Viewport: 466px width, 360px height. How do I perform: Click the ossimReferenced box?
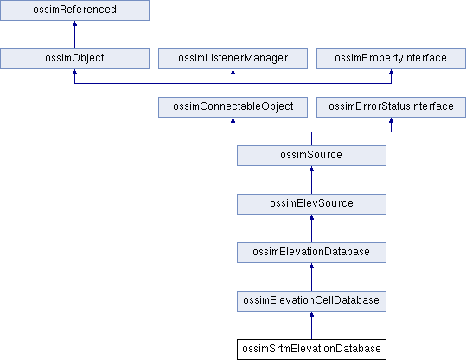(74, 10)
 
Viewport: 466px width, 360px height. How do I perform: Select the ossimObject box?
(74, 59)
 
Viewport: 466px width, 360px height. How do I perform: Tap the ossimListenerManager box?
(233, 59)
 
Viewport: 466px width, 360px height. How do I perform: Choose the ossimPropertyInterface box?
(391, 59)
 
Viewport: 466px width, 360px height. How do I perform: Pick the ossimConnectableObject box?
(233, 107)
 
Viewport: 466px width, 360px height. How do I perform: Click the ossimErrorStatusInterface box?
(391, 107)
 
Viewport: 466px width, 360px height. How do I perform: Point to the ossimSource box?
(311, 156)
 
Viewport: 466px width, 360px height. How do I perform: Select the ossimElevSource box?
(311, 204)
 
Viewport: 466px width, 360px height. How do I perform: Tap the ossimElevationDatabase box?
(311, 253)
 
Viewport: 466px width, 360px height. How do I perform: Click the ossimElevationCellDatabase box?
(311, 301)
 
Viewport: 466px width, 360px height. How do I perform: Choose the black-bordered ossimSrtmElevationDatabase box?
(311, 350)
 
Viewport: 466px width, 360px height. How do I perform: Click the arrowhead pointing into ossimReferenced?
(74, 23)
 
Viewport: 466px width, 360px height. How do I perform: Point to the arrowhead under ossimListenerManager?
(233, 72)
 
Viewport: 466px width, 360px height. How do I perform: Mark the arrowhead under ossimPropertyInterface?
(391, 72)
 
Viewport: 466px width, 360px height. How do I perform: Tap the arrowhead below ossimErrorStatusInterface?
(391, 120)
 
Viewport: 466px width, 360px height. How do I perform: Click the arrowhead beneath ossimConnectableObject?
(233, 120)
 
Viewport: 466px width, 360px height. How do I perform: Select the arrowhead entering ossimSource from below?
(311, 169)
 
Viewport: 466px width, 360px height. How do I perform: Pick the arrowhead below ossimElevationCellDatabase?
(311, 314)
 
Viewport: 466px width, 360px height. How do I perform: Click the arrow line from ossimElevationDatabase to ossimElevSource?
(311, 228)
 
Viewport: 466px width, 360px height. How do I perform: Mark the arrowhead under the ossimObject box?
(74, 72)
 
